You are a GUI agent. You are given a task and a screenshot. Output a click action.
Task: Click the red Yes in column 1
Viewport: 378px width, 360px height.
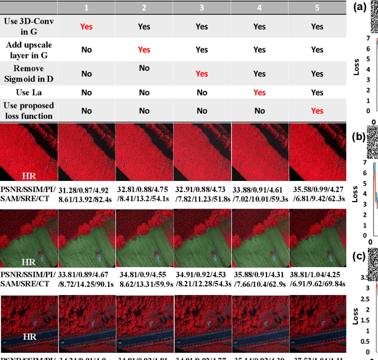point(86,27)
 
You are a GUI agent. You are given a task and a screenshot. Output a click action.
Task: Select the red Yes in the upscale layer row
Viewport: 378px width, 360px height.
point(144,50)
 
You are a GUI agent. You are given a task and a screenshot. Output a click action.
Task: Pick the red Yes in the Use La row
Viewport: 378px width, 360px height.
point(259,92)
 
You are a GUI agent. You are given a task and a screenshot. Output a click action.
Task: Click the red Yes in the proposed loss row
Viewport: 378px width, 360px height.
point(317,111)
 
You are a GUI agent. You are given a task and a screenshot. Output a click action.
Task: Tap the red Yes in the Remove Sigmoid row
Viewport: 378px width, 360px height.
point(202,74)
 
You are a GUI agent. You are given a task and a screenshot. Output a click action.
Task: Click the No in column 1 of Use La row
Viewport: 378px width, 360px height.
point(86,92)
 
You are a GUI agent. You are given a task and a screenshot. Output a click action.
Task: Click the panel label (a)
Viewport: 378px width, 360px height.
point(358,8)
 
